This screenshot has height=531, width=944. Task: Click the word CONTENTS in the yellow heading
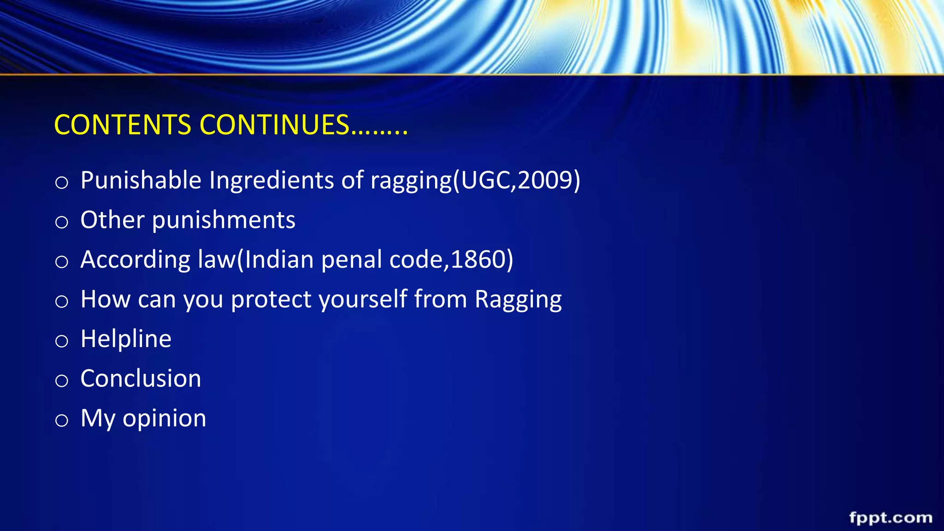point(123,125)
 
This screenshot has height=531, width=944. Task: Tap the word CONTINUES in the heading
point(275,125)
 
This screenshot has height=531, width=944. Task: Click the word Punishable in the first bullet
point(141,180)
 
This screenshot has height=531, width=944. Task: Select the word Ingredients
point(271,180)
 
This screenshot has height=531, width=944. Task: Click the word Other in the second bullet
point(112,219)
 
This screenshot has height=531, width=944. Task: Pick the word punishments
point(224,220)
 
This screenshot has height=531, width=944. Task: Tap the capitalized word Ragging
point(518,300)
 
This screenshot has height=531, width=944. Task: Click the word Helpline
point(126,339)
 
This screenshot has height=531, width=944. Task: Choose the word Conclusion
point(141,378)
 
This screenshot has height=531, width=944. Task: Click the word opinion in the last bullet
point(164,419)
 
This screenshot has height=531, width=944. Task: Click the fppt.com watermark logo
point(891,518)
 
